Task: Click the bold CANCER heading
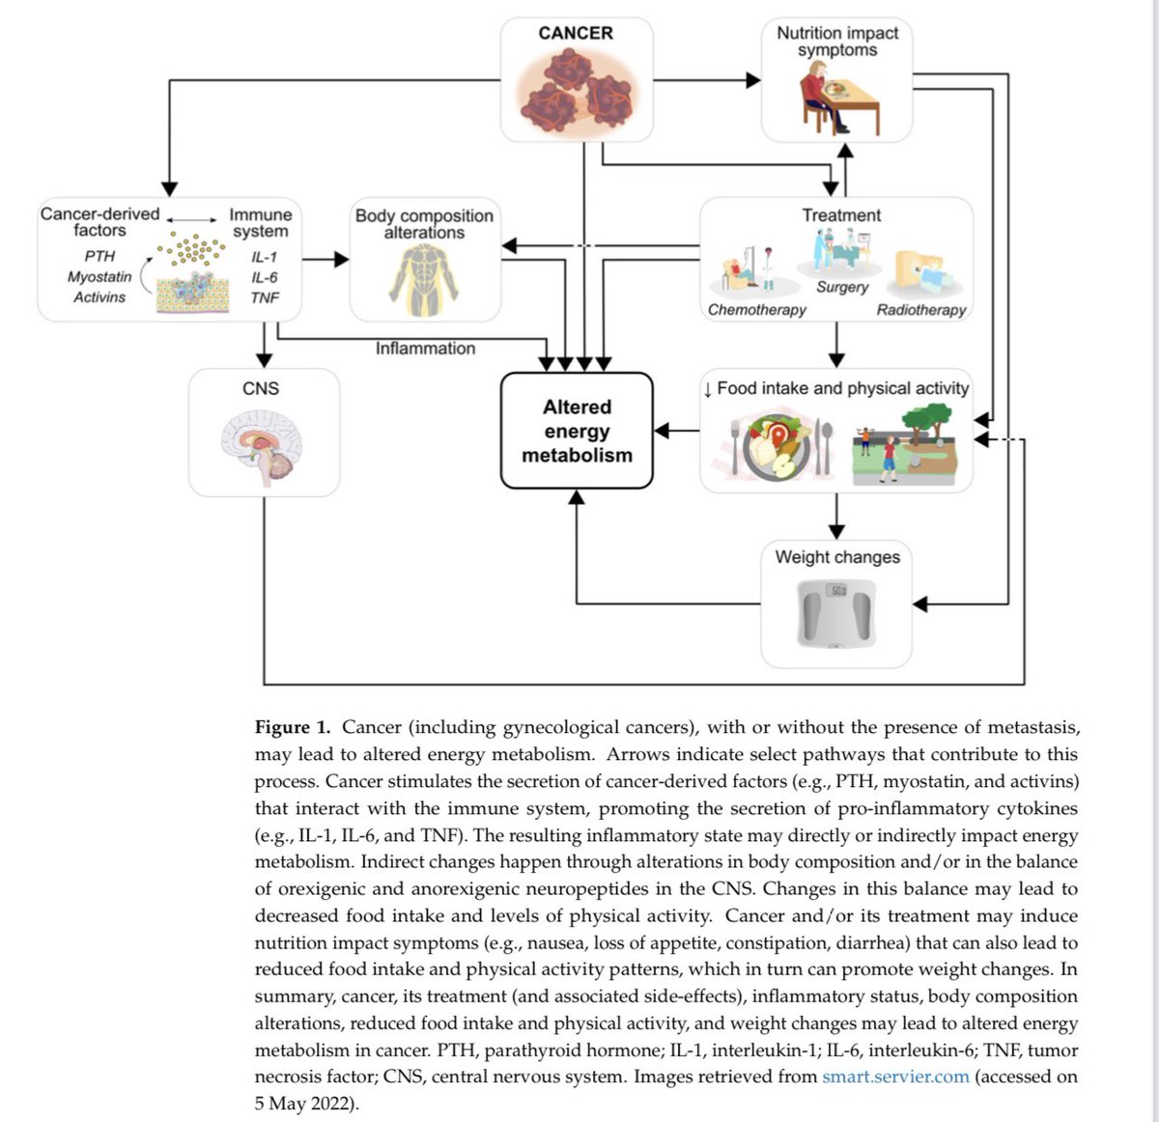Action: (x=575, y=33)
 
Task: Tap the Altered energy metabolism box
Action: (x=576, y=430)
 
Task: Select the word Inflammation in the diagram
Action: (x=425, y=349)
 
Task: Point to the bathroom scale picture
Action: (x=836, y=613)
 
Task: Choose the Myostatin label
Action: (x=99, y=277)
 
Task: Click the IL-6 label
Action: (x=265, y=277)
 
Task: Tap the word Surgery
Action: (x=842, y=287)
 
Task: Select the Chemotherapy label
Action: (x=756, y=310)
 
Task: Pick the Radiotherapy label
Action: (x=920, y=310)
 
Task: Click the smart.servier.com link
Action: (x=895, y=1077)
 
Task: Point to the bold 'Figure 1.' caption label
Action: (x=292, y=727)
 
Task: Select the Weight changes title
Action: (x=836, y=557)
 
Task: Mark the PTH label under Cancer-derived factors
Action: (x=99, y=256)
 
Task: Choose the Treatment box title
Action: (x=841, y=215)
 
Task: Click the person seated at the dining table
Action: (x=820, y=96)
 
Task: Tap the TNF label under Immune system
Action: (x=265, y=297)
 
